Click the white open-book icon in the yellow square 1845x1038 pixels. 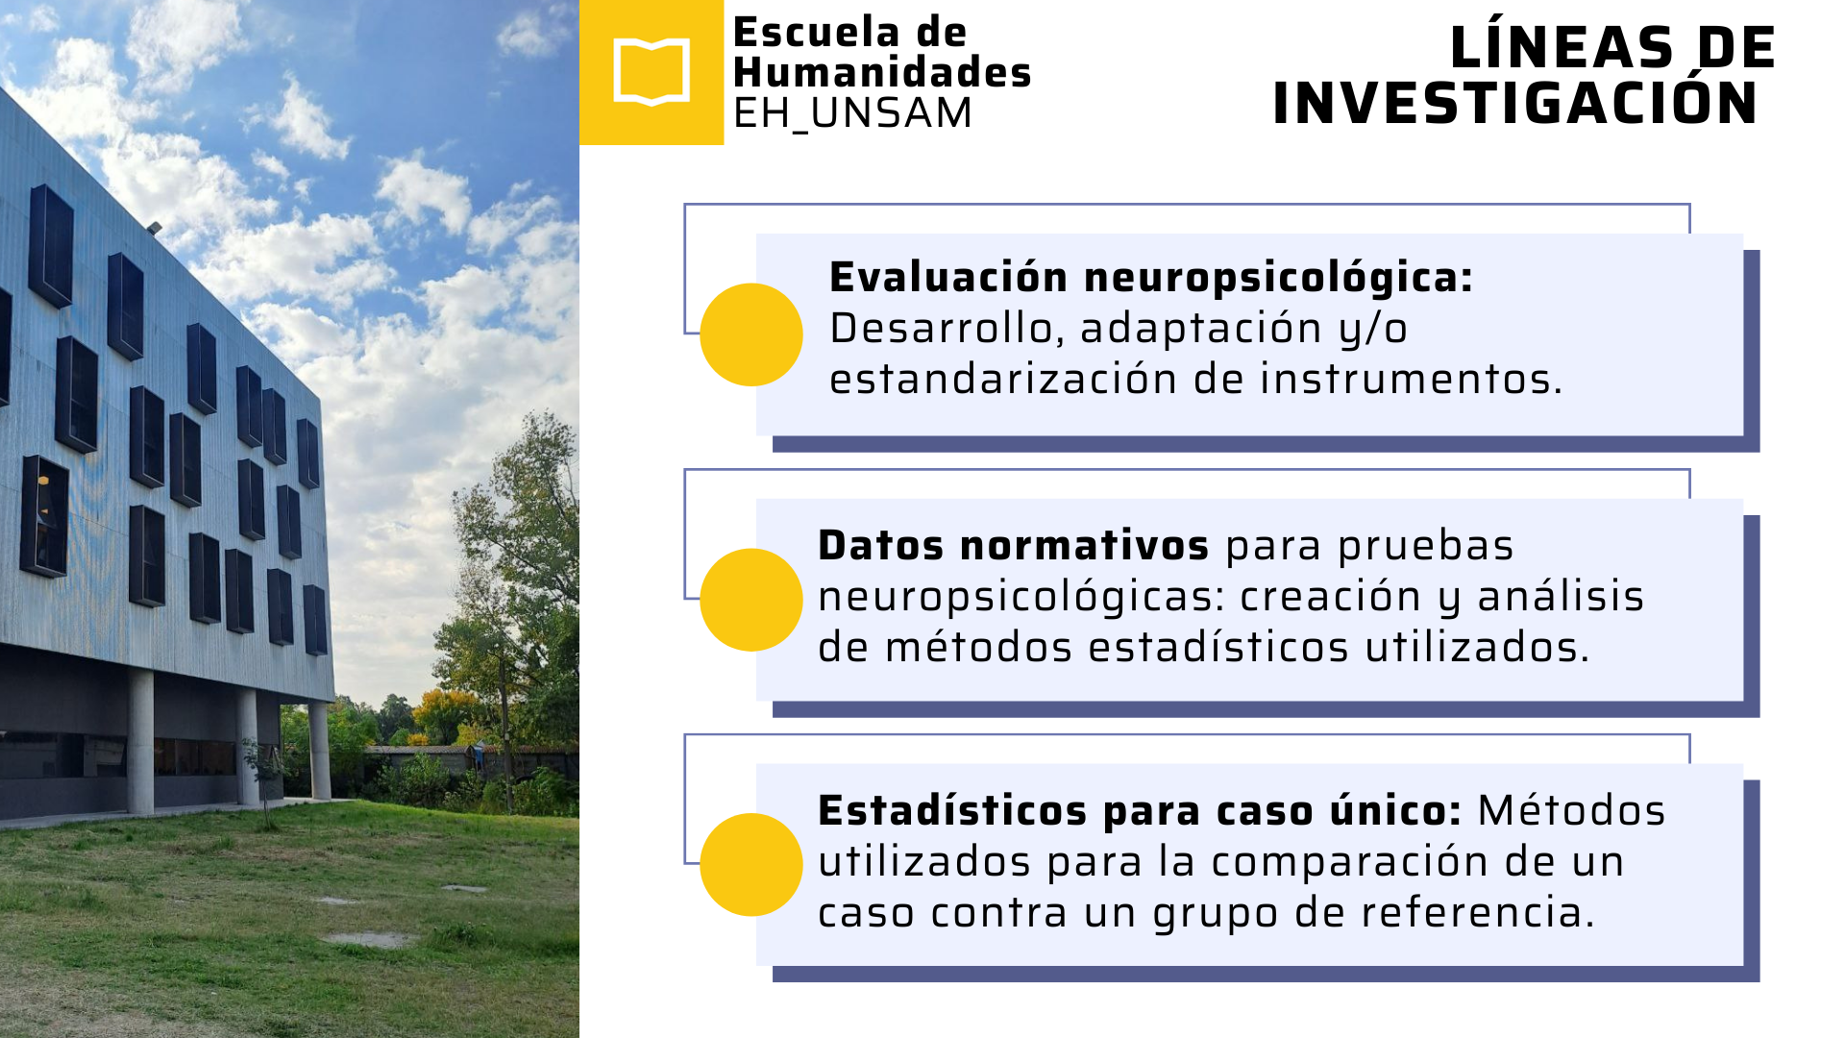652,72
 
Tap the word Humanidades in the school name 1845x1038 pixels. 882,72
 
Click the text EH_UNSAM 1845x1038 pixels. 852,113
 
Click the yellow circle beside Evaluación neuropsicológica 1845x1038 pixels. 751,334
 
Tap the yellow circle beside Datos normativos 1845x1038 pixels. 751,600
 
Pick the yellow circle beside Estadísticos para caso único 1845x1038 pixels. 751,865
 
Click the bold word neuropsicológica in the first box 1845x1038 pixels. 1279,279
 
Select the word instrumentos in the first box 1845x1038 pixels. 1412,379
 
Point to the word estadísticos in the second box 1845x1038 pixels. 1218,647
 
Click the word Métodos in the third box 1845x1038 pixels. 1571,810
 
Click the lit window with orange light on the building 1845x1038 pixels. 44,516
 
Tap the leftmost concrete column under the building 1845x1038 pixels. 140,741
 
